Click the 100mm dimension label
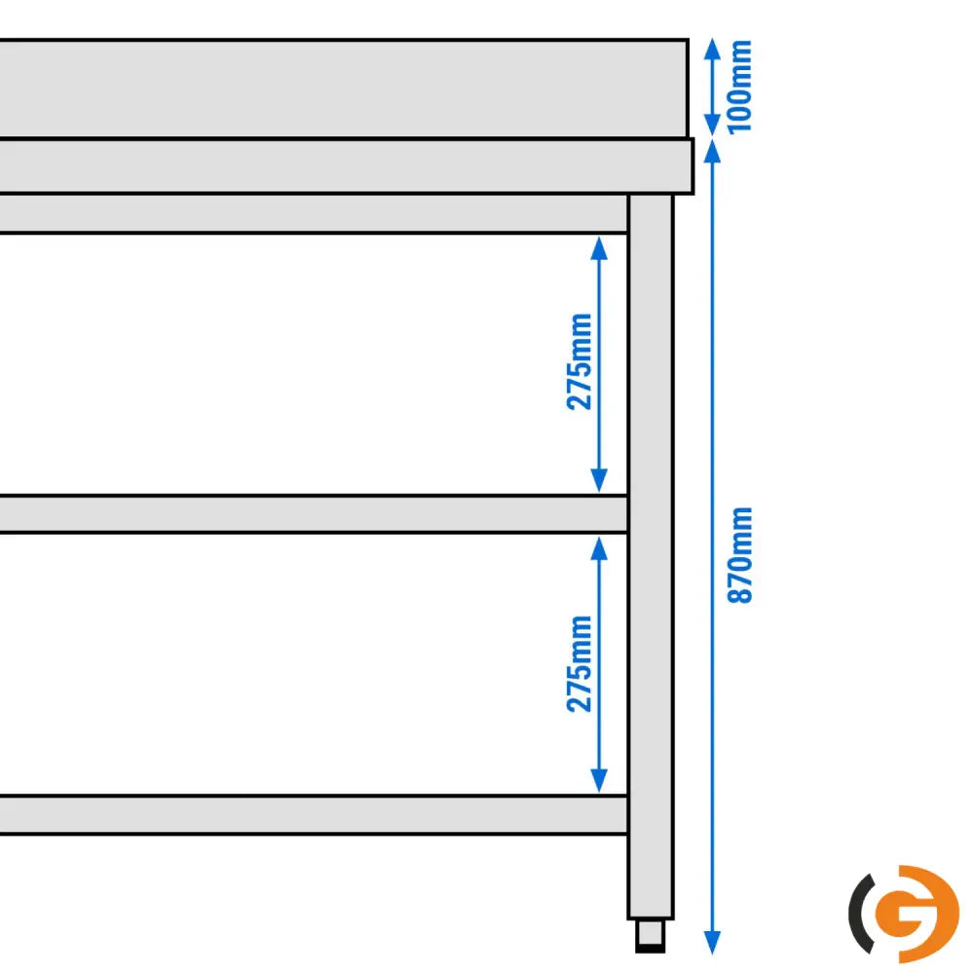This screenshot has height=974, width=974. [740, 86]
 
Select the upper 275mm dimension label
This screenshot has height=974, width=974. [580, 361]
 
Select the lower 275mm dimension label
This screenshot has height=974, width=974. [580, 663]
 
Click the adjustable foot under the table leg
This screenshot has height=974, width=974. [650, 936]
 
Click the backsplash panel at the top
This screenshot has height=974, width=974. [341, 89]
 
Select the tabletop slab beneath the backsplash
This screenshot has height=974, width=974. [341, 167]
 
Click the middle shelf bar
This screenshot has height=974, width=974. [312, 514]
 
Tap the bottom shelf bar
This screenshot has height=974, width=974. [312, 815]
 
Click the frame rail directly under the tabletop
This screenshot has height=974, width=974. [312, 213]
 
